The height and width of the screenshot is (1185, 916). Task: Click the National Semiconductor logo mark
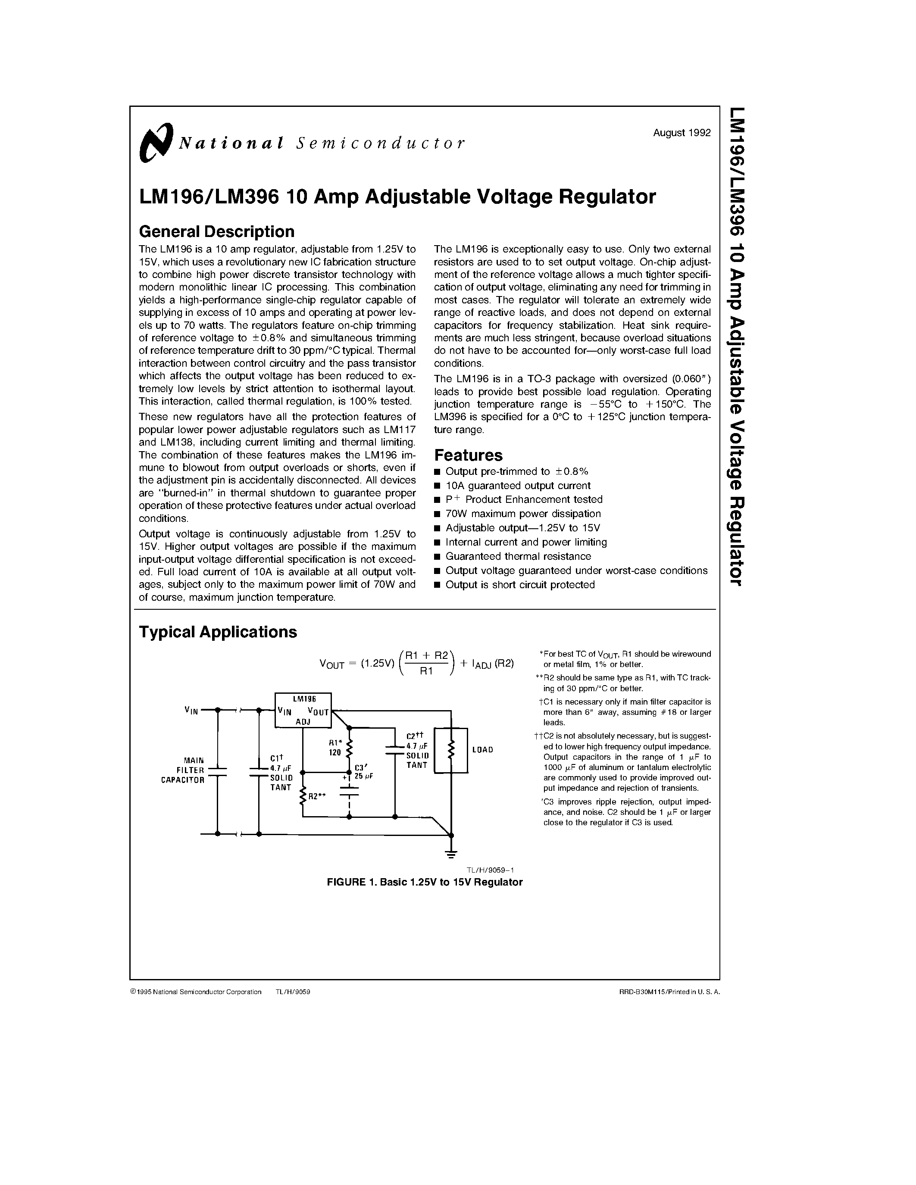(x=156, y=143)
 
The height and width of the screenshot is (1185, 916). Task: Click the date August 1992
(x=682, y=133)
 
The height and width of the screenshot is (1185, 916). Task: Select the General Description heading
(x=216, y=232)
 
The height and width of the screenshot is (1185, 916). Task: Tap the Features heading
(x=468, y=455)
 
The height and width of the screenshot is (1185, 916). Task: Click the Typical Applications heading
(x=218, y=632)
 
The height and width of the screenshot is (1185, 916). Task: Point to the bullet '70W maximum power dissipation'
(x=522, y=513)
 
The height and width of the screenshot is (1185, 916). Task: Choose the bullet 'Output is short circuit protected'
(x=519, y=584)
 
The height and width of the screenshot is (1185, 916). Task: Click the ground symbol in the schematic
(x=451, y=854)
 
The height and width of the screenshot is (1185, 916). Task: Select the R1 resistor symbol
(x=349, y=749)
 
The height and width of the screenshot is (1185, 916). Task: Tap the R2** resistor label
(x=316, y=796)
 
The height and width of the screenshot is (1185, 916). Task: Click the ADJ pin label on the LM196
(x=303, y=722)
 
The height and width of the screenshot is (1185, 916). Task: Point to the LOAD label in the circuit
(x=482, y=750)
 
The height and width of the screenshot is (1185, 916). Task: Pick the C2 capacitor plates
(x=395, y=750)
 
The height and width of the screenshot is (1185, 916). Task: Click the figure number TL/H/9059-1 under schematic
(x=490, y=870)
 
